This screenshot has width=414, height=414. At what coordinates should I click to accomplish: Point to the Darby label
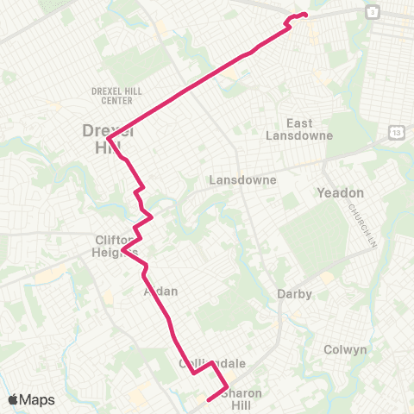pyautogui.click(x=294, y=293)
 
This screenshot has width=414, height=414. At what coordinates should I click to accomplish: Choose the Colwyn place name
pyautogui.click(x=345, y=349)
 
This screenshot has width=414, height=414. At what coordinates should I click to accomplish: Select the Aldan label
pyautogui.click(x=160, y=291)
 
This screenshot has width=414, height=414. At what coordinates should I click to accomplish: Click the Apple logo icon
pyautogui.click(x=15, y=399)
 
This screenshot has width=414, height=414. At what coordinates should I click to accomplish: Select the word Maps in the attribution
pyautogui.click(x=39, y=399)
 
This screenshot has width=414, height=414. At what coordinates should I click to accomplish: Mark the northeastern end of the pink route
pyautogui.click(x=306, y=15)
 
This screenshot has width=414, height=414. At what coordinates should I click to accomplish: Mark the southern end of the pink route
pyautogui.click(x=209, y=399)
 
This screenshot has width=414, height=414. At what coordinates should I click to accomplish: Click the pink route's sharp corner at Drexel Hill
pyautogui.click(x=108, y=140)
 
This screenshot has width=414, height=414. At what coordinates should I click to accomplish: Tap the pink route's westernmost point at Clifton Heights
pyautogui.click(x=123, y=250)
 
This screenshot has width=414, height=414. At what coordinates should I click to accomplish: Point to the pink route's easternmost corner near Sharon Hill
pyautogui.click(x=227, y=387)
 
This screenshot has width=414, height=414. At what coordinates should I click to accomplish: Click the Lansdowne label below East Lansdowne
pyautogui.click(x=243, y=180)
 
